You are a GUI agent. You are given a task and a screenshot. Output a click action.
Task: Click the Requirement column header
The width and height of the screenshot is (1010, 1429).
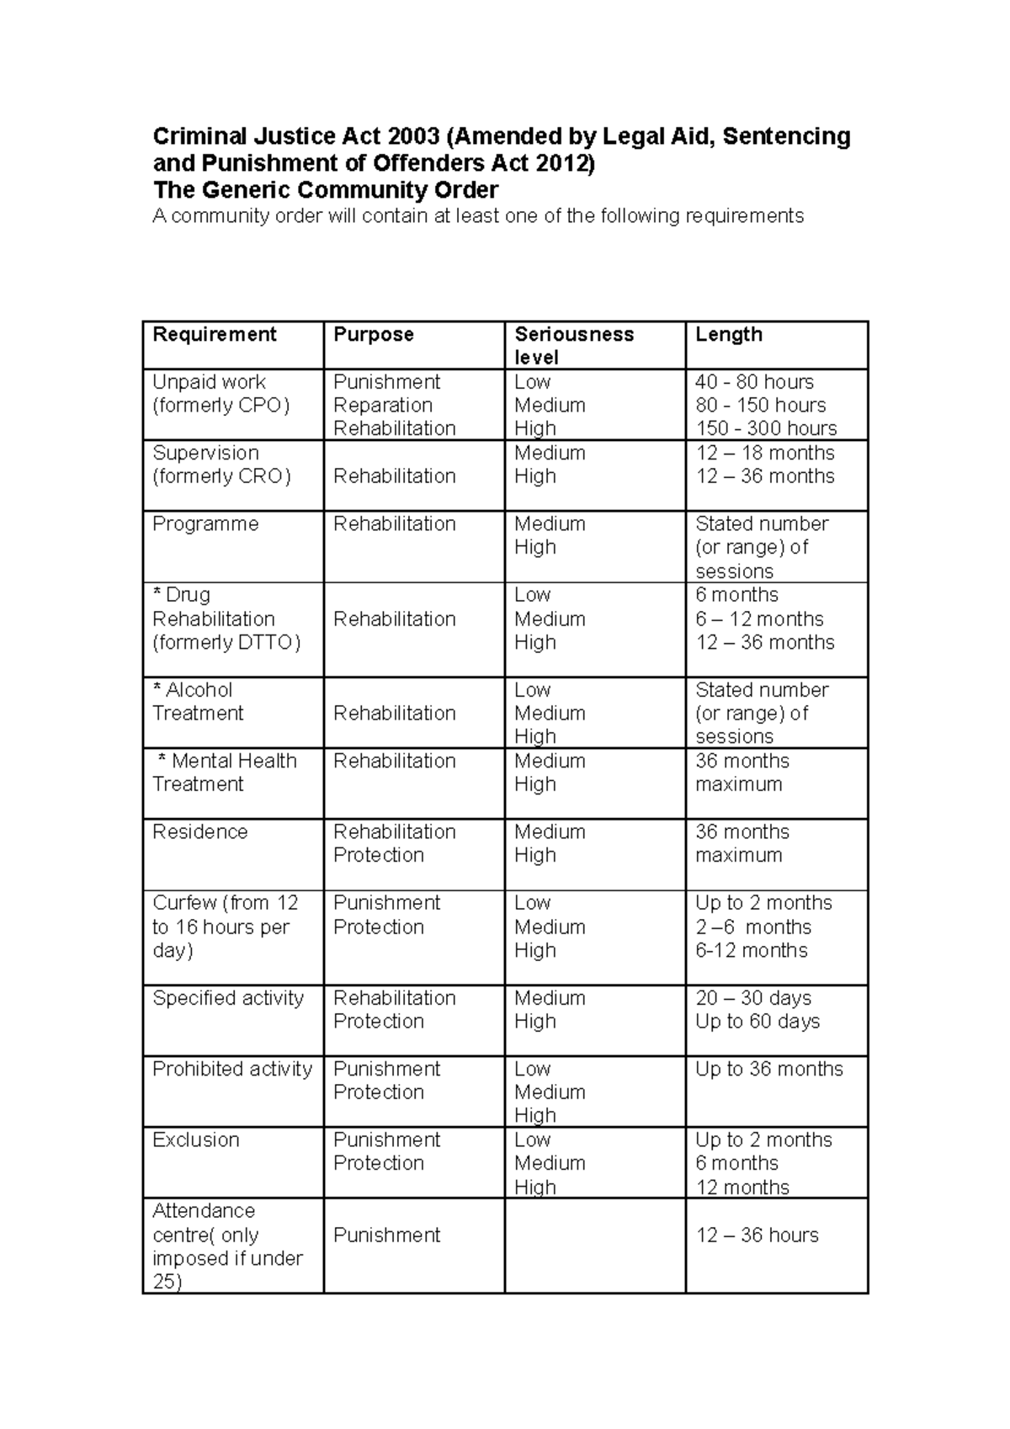214,335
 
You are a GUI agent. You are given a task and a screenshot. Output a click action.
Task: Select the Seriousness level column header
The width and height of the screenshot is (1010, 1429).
573,345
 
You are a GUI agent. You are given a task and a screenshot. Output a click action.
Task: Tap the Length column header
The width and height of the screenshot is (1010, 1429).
728,335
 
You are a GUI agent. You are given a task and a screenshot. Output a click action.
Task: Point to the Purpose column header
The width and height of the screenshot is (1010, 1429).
373,335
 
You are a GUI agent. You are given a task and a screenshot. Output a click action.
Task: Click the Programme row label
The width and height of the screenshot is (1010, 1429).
205,524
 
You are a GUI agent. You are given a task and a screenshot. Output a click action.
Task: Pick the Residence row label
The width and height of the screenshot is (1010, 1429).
199,832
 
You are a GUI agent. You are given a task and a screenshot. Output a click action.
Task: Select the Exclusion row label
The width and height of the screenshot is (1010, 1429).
195,1140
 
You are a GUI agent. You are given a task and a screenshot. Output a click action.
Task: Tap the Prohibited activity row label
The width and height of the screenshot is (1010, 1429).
231,1070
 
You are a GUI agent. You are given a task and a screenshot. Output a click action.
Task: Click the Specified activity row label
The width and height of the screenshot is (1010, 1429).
227,998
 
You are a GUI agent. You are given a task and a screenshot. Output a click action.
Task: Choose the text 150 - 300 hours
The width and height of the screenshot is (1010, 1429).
766,428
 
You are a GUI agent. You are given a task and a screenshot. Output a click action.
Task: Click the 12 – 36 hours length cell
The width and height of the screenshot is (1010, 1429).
757,1235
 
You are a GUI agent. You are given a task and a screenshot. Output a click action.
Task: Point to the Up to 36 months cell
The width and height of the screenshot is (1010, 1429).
768,1070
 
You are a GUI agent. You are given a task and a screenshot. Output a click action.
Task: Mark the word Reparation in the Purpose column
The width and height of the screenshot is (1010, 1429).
382,406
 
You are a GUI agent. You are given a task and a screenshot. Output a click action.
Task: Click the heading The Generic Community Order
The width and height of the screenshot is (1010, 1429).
325,190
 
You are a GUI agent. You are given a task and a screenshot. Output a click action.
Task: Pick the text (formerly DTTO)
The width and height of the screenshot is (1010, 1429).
226,643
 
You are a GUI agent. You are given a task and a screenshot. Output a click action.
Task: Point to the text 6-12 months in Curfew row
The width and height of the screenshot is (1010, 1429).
751,951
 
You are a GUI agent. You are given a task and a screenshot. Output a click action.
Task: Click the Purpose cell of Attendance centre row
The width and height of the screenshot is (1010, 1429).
386,1235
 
